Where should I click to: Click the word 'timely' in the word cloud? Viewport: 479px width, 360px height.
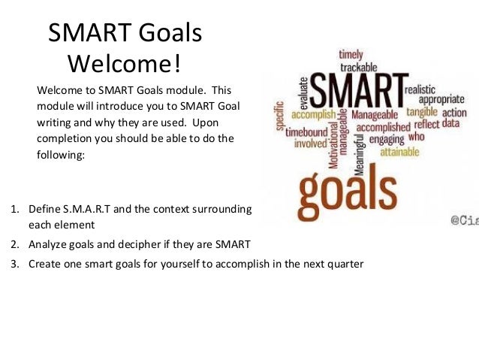[351, 54]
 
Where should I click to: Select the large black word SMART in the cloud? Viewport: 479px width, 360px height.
[356, 92]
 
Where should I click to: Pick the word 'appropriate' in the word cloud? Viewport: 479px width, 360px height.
[441, 99]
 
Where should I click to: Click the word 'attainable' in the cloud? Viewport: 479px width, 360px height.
[405, 151]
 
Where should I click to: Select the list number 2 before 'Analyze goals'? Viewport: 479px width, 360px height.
[14, 244]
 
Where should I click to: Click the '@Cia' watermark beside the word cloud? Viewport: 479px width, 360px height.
[464, 220]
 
